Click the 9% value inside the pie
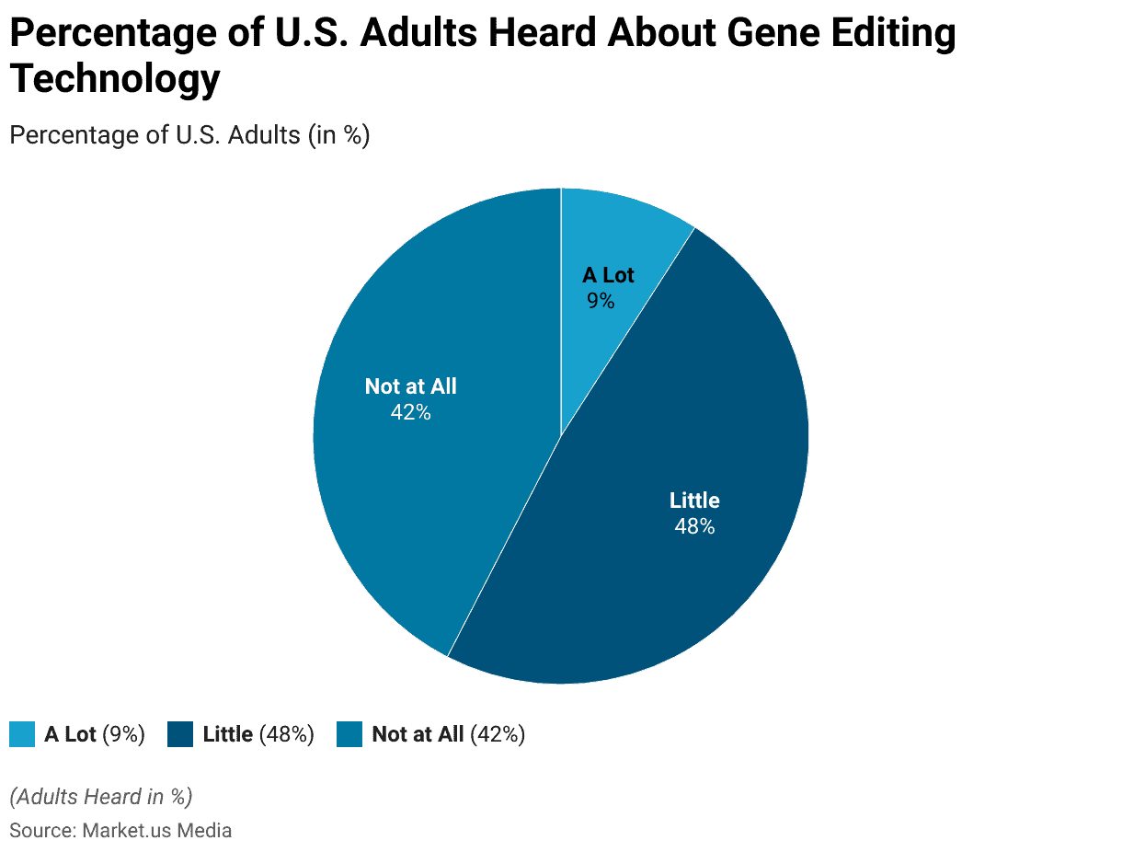point(600,301)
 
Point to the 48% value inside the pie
point(694,526)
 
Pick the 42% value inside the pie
point(410,412)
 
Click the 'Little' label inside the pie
point(694,501)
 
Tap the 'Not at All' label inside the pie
point(410,386)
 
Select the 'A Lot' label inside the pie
point(608,275)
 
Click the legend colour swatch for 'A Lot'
point(22,734)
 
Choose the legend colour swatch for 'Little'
point(180,734)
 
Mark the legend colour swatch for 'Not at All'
point(349,734)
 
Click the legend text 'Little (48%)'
point(258,734)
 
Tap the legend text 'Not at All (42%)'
point(448,734)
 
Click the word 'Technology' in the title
point(116,79)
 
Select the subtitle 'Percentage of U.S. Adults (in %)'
point(189,134)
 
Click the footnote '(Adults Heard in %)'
point(101,796)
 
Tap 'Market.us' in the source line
point(120,831)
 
